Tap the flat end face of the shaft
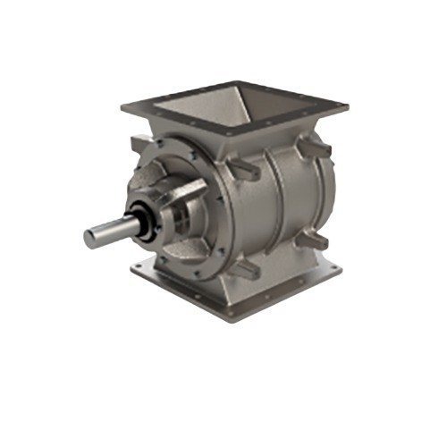pos(90,238)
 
